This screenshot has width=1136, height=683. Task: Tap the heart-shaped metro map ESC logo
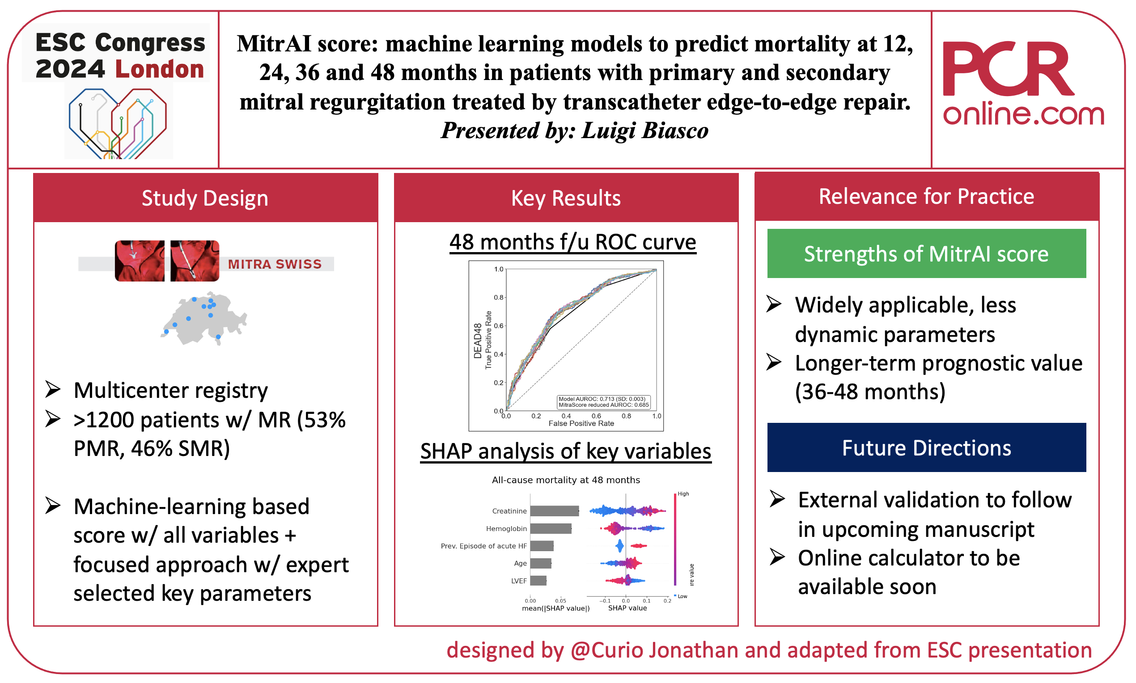[118, 123]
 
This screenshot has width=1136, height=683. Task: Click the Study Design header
[205, 198]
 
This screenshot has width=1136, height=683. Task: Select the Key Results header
[566, 198]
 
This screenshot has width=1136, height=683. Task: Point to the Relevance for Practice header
[926, 197]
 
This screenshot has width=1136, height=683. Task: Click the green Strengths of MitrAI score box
[926, 253]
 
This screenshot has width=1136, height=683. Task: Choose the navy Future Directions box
[926, 447]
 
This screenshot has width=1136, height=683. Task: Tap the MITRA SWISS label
[275, 264]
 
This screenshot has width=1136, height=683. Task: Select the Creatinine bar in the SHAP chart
[555, 511]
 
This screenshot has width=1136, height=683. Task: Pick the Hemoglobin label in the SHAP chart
[506, 528]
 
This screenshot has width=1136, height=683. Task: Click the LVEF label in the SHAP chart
[518, 581]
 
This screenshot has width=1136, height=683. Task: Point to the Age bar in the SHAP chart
[541, 563]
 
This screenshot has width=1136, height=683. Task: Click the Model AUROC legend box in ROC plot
[603, 402]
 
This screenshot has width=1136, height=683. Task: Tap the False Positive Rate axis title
[581, 423]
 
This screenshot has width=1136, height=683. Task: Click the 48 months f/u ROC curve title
[572, 242]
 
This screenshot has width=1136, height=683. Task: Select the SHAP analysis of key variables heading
[565, 451]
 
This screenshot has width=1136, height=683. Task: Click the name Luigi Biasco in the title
[644, 131]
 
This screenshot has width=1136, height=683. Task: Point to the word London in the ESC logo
[159, 69]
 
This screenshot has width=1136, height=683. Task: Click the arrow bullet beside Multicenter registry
[53, 390]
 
